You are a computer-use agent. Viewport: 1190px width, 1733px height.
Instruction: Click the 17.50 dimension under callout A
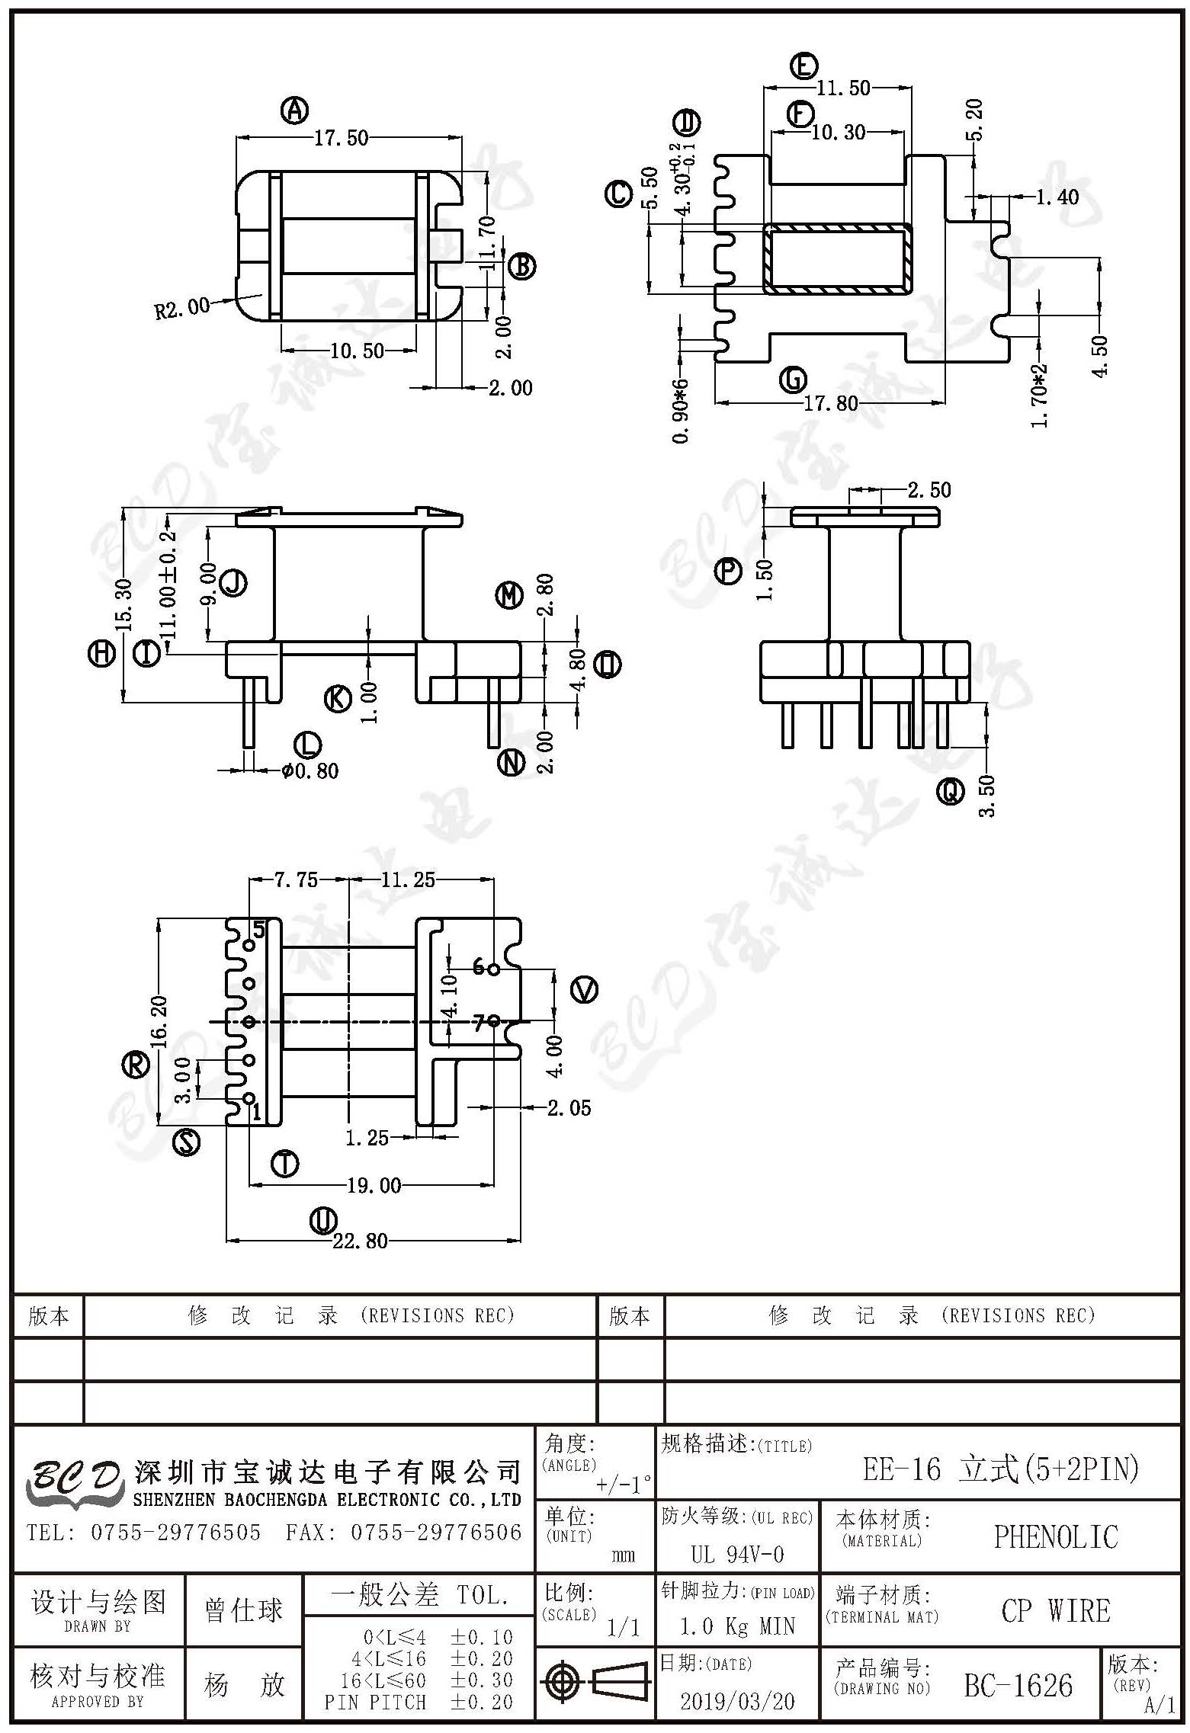(341, 138)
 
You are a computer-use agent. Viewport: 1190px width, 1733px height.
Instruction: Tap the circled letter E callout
(804, 66)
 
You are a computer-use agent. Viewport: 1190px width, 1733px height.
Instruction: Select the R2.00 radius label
(181, 308)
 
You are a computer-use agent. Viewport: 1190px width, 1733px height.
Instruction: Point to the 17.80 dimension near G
(831, 402)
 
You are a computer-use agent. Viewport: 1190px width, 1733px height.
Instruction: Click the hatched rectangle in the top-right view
(838, 258)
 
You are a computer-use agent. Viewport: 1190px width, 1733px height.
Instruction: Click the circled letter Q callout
(950, 793)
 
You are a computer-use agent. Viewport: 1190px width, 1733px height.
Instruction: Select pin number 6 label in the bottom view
(479, 967)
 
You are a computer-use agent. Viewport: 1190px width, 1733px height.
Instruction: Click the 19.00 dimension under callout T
(374, 1185)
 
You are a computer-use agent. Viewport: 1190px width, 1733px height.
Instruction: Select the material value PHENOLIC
(1056, 1537)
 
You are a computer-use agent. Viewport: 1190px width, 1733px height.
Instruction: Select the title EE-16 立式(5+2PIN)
(1000, 1469)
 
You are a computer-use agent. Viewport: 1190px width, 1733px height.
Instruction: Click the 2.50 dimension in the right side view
(929, 490)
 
